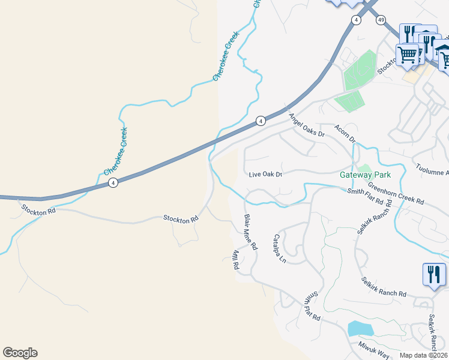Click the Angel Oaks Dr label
coord(306,126)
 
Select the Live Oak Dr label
coord(266,175)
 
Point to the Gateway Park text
coord(365,175)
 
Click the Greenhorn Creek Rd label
coord(396,193)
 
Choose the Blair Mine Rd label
coord(250,232)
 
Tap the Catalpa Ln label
coord(279,249)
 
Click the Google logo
coord(20,353)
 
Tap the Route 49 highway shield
coord(381,20)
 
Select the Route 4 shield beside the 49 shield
coord(357,20)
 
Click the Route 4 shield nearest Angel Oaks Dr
coord(260,121)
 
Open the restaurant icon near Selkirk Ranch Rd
coord(433,275)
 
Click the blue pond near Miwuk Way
coord(360,328)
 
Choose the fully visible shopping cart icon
coord(407,55)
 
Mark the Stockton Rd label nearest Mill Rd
coord(181,219)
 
